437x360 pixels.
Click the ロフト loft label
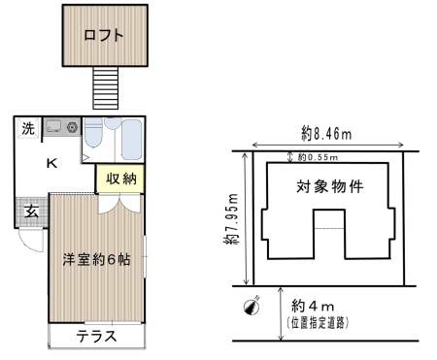(x=104, y=35)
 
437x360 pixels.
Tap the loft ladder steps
(x=106, y=88)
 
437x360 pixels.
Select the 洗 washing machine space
(x=28, y=128)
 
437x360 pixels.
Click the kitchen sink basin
(x=52, y=126)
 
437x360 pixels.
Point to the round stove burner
(x=72, y=127)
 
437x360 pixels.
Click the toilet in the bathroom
(x=93, y=133)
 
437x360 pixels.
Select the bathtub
(x=131, y=140)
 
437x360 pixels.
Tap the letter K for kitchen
(x=52, y=163)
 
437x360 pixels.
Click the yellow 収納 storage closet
(x=120, y=179)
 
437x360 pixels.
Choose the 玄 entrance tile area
(x=32, y=212)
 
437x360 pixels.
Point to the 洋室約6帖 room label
(x=96, y=260)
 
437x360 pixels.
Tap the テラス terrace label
(x=96, y=337)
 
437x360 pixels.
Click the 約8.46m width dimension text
(x=326, y=134)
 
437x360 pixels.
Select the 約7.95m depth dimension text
(x=232, y=219)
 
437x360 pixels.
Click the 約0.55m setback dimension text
(x=318, y=157)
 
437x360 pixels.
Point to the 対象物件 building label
(x=330, y=186)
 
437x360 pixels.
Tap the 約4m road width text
(x=313, y=306)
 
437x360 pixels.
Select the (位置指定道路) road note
(x=318, y=323)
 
